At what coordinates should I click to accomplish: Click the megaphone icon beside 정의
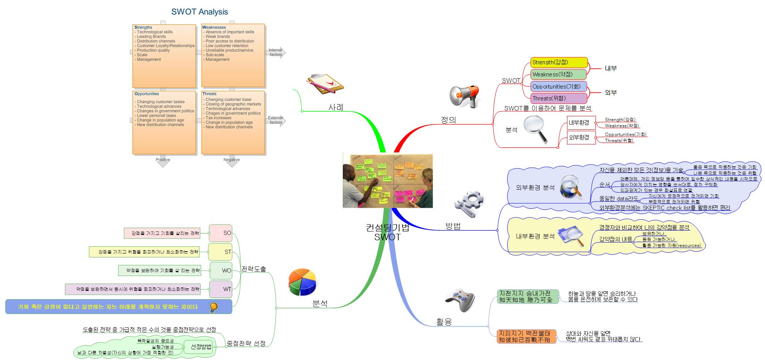coord(464,96)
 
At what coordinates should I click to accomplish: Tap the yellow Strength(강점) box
coord(559,62)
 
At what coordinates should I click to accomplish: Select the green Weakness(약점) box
coord(559,74)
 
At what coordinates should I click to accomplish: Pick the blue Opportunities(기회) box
coord(559,86)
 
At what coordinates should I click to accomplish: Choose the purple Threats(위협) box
coord(559,98)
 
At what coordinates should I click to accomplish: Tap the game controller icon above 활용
coord(460,300)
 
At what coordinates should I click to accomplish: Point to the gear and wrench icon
coord(469,204)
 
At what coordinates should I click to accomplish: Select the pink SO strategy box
coord(220,233)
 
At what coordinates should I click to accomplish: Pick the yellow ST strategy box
coord(220,252)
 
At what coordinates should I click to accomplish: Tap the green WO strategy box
coord(221,271)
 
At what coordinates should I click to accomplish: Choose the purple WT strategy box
coord(221,289)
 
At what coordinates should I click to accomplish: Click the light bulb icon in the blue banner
coord(214,307)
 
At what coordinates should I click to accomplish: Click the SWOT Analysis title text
coord(200,12)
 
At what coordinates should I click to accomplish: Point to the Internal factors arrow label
coord(276,52)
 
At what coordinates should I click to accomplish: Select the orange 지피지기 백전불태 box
coord(526,336)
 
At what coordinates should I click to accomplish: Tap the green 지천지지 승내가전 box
coord(528,297)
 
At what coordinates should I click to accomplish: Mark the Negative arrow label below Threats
coord(231,160)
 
